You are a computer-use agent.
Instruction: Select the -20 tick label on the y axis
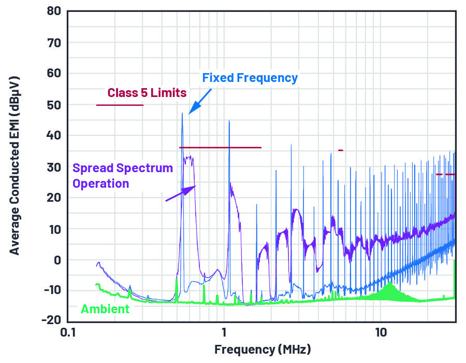click(50, 320)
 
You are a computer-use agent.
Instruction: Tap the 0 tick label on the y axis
click(57, 259)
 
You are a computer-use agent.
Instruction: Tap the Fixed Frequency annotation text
click(250, 78)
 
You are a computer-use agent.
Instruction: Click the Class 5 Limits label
click(147, 93)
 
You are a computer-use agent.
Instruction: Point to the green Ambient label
click(105, 309)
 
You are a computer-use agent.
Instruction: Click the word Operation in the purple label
click(100, 184)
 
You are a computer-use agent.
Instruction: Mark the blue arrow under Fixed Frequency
click(200, 101)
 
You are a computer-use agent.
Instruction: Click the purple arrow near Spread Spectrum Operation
click(181, 193)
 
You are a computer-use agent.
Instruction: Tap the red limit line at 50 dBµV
click(120, 105)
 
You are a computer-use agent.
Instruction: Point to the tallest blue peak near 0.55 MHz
click(182, 114)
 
